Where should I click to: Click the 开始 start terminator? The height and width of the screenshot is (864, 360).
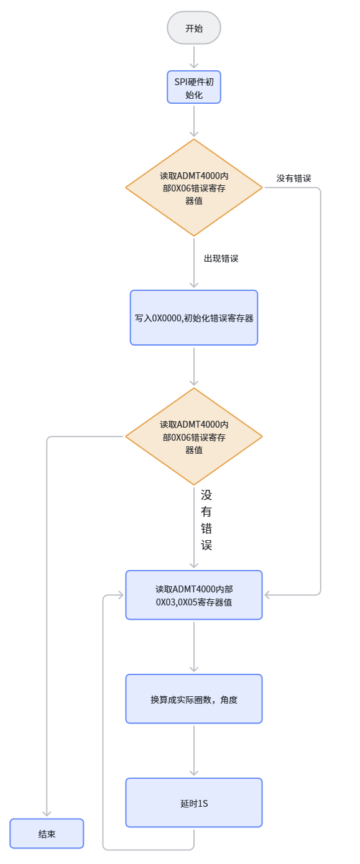point(194,28)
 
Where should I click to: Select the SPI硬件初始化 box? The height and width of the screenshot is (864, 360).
point(194,87)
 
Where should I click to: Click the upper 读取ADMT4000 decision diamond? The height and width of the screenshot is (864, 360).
point(194,188)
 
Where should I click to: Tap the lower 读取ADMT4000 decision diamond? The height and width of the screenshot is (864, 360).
point(194,436)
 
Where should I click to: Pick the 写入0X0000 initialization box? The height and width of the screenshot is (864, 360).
point(194,318)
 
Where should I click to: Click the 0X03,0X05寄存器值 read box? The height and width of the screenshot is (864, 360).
point(194,595)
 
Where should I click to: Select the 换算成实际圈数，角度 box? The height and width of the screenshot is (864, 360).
point(194,699)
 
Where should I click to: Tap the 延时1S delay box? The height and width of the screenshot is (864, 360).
point(194,802)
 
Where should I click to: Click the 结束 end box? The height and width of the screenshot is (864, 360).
point(47,834)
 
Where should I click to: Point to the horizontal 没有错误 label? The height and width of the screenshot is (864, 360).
point(293,178)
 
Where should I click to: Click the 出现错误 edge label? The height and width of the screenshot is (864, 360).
point(221,259)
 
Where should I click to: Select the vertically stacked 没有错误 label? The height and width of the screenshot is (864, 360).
point(206,520)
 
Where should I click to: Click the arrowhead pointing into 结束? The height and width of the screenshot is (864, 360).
point(47,813)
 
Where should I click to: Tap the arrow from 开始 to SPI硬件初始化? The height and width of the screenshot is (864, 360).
point(194,57)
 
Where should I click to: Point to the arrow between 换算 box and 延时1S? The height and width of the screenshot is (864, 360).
point(194,751)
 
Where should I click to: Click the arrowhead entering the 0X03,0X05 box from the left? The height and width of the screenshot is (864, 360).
point(120,595)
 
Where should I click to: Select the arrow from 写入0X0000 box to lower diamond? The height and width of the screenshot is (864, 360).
point(194,366)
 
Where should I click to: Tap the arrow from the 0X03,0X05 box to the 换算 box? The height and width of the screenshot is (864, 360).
point(194,647)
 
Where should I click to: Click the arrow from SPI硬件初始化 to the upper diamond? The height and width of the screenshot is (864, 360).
point(194,121)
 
